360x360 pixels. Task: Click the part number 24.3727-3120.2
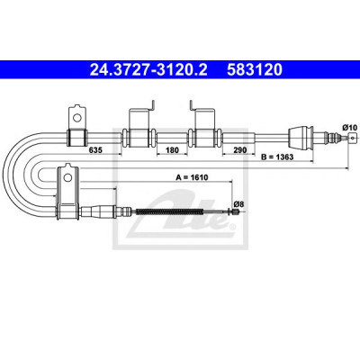(148, 70)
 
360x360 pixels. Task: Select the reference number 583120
(255, 70)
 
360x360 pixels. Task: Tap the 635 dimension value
(95, 149)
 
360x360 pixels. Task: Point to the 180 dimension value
(172, 149)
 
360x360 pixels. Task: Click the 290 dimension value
(240, 149)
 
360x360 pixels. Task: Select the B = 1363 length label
(277, 157)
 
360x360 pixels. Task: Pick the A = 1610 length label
(192, 177)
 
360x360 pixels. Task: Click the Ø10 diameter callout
(349, 128)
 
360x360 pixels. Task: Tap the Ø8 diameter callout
(238, 204)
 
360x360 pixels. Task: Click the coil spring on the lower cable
(170, 211)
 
